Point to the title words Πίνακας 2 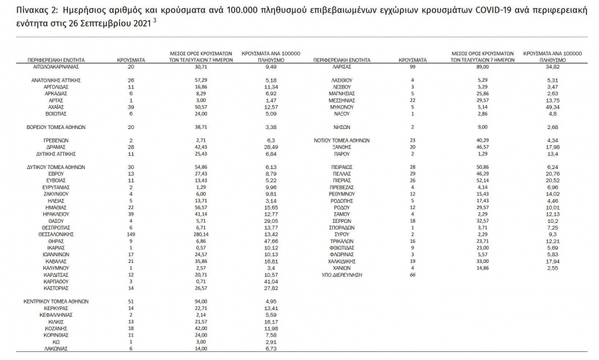tap(30, 11)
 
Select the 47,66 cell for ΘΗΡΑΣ tap(270, 241)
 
